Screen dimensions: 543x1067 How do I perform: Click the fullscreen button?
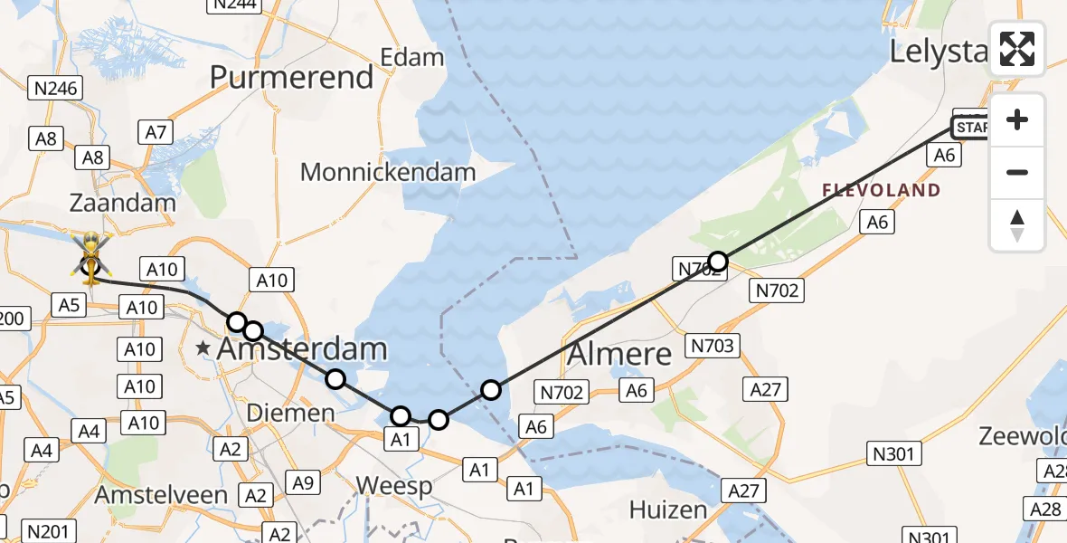1017,49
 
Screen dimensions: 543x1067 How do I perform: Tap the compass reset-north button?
1017,225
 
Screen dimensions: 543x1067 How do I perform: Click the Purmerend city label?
292,77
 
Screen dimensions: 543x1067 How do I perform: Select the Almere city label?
619,354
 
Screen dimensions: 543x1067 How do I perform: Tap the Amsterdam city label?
303,348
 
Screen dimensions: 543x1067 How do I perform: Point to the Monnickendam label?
388,171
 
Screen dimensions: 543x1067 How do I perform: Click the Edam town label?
412,58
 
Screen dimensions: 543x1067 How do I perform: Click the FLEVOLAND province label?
882,191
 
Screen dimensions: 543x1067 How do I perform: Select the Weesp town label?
393,486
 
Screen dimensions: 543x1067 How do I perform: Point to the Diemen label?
291,414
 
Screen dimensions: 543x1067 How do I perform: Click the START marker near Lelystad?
971,128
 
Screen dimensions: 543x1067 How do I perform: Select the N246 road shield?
55,88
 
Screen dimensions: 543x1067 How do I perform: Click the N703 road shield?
713,345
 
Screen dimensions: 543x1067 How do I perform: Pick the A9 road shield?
304,483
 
